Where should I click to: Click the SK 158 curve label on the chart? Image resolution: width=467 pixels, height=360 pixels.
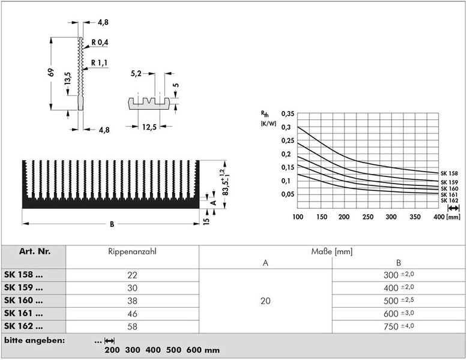[449, 173]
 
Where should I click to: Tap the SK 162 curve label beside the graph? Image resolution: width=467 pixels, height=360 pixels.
[449, 200]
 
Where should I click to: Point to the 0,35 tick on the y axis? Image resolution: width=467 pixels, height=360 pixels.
[288, 114]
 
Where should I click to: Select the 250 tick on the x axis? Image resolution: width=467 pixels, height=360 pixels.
[368, 217]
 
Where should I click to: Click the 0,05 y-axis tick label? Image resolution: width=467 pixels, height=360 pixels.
[288, 194]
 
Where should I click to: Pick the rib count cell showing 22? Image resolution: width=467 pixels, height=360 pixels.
[132, 275]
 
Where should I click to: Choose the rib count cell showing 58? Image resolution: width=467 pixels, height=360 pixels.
[132, 326]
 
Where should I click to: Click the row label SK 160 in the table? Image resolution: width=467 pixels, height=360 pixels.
[23, 301]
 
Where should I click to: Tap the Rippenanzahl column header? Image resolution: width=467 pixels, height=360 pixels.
[132, 251]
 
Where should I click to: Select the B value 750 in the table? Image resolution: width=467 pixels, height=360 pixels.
[391, 326]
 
